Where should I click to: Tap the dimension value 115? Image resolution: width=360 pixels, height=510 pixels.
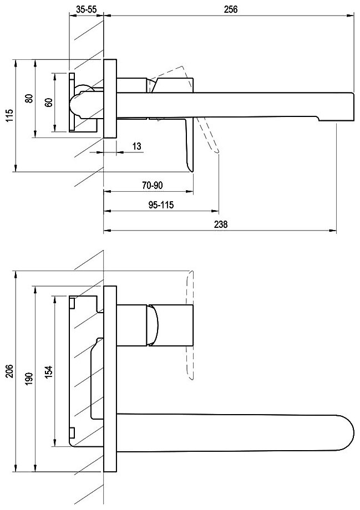[8, 116]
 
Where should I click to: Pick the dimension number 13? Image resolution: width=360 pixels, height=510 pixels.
[138, 146]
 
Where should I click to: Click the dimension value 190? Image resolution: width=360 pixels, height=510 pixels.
[28, 379]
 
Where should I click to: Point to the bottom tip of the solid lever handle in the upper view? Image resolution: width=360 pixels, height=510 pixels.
[191, 169]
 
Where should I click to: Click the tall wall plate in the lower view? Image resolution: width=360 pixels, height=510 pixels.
[110, 379]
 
